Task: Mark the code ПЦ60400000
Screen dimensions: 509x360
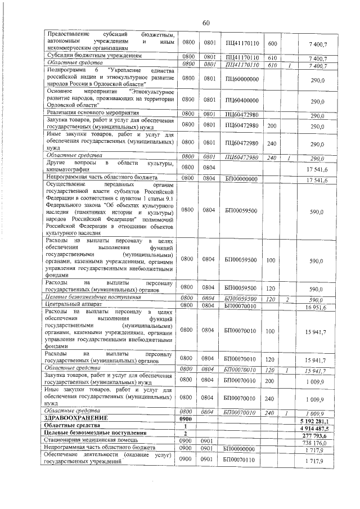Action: pos(241,101)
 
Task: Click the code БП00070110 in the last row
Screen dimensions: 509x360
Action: pos(241,461)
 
